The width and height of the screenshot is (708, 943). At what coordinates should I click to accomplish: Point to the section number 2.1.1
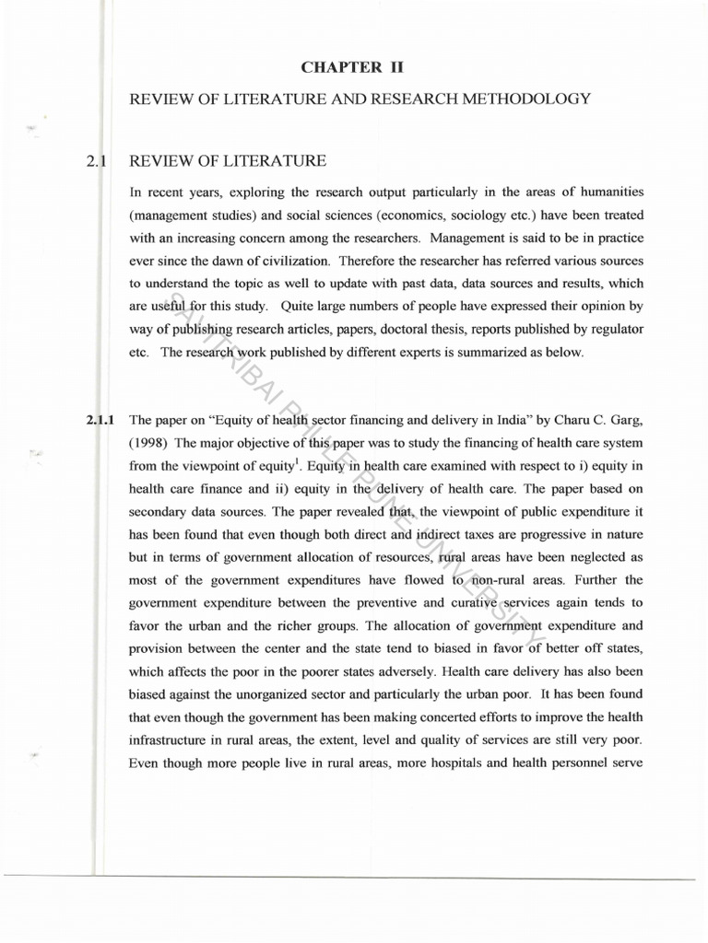pyautogui.click(x=99, y=421)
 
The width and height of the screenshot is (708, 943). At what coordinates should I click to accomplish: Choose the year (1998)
pyautogui.click(x=147, y=443)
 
